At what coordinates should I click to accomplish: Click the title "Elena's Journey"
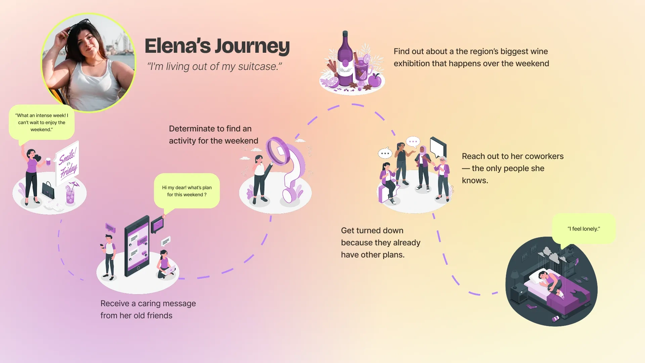pos(217,46)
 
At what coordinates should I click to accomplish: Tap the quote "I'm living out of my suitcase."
pos(214,67)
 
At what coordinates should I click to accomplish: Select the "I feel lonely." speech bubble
pos(584,229)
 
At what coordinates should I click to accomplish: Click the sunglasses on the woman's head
pos(80,25)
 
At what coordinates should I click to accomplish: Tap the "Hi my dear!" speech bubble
pos(187,191)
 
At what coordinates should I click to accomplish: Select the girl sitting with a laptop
pos(165,265)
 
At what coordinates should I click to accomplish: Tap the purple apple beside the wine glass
pos(375,81)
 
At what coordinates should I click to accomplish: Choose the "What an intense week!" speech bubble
pos(42,122)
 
